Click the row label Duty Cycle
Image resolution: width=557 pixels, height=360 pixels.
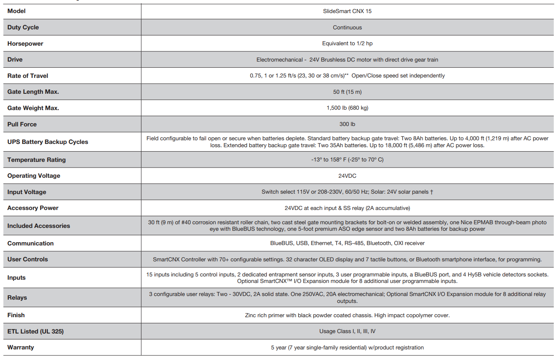coord(23,27)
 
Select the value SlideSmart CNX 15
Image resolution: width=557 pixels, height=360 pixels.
coord(347,11)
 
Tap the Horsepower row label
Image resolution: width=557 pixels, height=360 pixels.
coord(25,44)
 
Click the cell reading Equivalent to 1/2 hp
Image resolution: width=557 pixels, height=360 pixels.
coord(347,44)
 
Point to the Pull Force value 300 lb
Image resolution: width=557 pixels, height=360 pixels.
coord(347,124)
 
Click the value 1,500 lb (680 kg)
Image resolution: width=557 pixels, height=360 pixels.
coord(347,108)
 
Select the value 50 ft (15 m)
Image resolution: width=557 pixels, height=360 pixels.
coord(347,92)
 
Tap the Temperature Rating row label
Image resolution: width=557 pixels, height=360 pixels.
coord(36,160)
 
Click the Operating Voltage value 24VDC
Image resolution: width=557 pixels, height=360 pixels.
coord(347,176)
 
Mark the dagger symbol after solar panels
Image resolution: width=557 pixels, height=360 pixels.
coord(431,192)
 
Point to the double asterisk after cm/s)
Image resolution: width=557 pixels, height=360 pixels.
coord(346,75)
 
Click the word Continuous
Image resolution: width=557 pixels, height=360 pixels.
coord(347,27)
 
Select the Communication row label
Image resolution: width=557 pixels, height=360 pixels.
coord(31,243)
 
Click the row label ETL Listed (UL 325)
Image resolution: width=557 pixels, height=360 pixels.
coord(36,331)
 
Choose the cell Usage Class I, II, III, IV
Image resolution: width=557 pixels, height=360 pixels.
coord(347,331)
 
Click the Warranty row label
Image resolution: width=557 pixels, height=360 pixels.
coord(21,347)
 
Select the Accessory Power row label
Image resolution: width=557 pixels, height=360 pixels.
coord(33,208)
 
